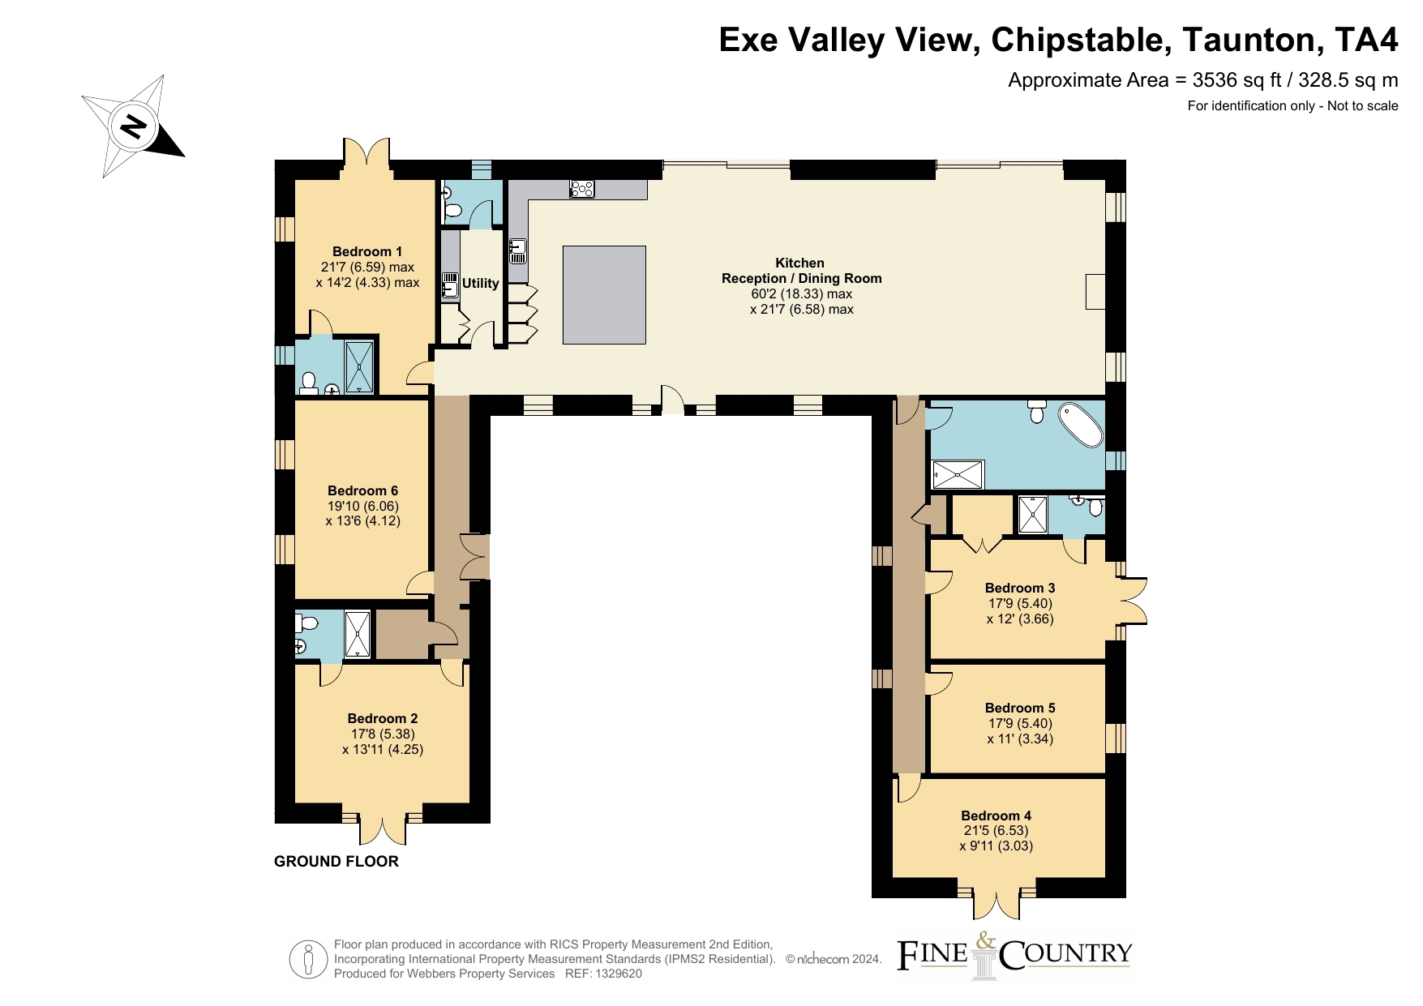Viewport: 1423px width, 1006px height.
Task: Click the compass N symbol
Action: (x=134, y=126)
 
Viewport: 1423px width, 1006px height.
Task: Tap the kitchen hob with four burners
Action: (x=582, y=189)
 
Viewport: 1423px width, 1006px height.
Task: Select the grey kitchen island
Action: (x=605, y=295)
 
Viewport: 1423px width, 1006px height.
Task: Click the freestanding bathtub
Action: (x=1081, y=424)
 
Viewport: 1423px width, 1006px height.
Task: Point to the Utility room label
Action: (x=481, y=283)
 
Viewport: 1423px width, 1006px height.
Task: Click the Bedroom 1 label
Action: (x=367, y=251)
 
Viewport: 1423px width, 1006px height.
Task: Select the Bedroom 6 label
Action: (x=363, y=490)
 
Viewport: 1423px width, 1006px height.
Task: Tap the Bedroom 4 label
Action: (x=997, y=816)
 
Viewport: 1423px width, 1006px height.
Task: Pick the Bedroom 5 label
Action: (x=1020, y=708)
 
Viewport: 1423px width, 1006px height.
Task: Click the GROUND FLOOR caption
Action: (x=336, y=862)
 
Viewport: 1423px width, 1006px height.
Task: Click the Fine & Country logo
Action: (x=1014, y=955)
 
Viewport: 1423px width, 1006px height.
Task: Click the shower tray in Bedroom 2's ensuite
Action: (x=358, y=634)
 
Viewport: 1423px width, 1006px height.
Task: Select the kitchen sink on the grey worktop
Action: (x=518, y=250)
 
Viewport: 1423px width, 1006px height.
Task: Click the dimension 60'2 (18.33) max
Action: (x=801, y=293)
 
